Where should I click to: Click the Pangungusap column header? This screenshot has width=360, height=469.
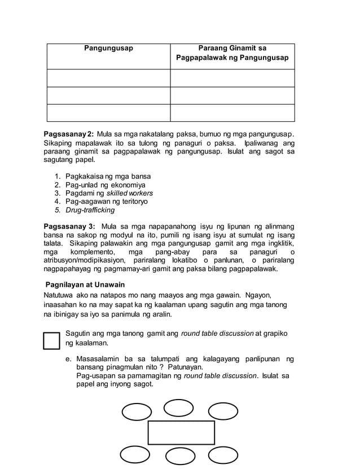click(108, 49)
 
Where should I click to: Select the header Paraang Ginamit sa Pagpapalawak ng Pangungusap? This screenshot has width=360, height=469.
click(232, 53)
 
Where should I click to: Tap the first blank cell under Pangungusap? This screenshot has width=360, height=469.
click(108, 78)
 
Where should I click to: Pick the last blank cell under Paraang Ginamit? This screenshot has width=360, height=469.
click(232, 113)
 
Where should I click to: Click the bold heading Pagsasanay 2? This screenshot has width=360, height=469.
click(69, 134)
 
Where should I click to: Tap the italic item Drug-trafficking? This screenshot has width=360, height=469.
click(90, 210)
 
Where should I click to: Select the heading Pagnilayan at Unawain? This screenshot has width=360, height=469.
click(85, 284)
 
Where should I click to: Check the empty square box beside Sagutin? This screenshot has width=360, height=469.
click(52, 340)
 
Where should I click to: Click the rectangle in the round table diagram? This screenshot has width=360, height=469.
click(181, 432)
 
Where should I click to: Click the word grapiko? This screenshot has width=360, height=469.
click(275, 334)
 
